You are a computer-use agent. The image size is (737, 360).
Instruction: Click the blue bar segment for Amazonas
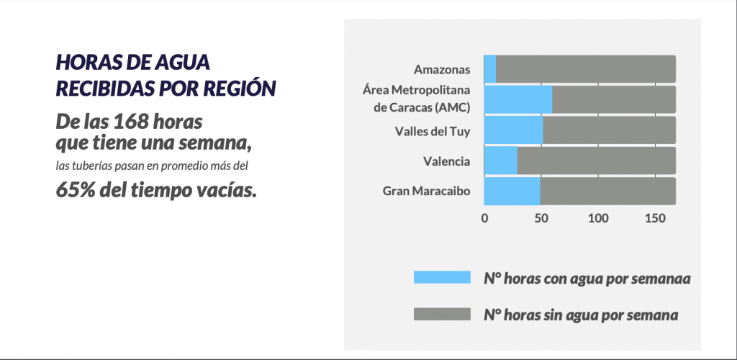coord(490,68)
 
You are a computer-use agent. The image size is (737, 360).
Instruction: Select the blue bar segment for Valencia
coord(501,161)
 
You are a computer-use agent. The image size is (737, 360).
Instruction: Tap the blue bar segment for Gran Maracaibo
coord(512,192)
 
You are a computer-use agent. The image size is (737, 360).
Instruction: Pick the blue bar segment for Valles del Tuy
coord(513,130)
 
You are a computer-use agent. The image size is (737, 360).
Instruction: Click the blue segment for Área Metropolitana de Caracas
coord(518,99)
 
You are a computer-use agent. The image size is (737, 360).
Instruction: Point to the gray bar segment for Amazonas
coord(585,68)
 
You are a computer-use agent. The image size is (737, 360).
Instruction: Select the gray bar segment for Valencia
coord(596,161)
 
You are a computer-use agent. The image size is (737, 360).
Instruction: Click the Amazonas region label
coord(442,70)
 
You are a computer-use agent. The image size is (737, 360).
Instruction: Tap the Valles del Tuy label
coord(433,131)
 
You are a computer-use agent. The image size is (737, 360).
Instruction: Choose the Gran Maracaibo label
coord(426,192)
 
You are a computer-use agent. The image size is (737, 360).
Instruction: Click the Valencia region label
coord(447,161)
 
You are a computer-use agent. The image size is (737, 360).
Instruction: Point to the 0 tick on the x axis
coord(484,218)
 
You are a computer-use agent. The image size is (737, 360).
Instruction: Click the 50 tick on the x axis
coord(541,218)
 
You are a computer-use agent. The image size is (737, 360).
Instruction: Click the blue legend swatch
coord(440,278)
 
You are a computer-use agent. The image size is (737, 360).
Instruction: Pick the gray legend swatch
coord(440,315)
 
